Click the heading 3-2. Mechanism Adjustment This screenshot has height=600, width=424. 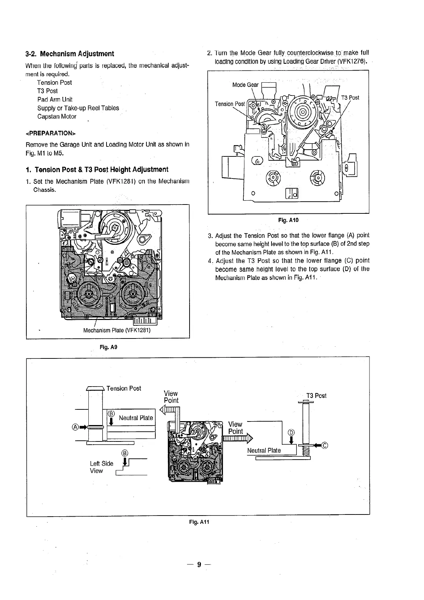tap(70, 54)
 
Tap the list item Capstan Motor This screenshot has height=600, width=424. tap(57, 117)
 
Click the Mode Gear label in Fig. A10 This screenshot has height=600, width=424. tap(245, 85)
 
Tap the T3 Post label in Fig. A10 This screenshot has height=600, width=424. tap(350, 98)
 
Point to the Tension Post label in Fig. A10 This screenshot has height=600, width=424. tap(230, 104)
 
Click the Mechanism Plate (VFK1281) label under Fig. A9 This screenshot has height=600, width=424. tap(117, 330)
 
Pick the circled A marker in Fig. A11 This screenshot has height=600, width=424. tap(75, 427)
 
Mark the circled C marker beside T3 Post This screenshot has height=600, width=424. tap(325, 445)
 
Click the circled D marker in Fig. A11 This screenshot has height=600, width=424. tap(291, 433)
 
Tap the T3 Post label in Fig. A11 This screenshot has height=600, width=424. tap(316, 396)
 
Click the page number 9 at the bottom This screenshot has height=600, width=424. tap(200, 565)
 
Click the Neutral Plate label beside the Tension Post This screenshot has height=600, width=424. tap(136, 418)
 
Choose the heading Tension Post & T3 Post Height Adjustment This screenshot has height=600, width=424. tap(97, 169)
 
